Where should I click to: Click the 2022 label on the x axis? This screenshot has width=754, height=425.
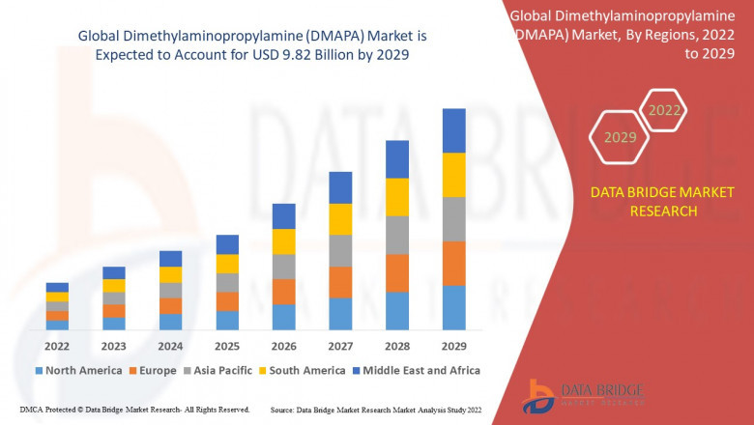tap(57, 345)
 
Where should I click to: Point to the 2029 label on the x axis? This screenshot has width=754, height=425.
tap(453, 345)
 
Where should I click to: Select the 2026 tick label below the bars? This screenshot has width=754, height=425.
tap(283, 345)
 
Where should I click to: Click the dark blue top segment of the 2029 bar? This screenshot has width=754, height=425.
tap(453, 130)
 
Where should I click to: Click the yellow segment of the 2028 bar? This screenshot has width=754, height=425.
tap(397, 197)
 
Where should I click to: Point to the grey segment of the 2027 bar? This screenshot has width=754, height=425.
tap(340, 250)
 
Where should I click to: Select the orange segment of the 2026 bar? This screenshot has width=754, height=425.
tap(283, 292)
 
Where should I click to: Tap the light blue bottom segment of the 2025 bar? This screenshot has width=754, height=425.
tap(227, 320)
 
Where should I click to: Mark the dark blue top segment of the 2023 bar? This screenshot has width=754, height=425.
tap(114, 272)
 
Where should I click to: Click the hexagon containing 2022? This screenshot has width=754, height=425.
tap(664, 111)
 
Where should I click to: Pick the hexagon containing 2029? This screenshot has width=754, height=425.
tap(620, 138)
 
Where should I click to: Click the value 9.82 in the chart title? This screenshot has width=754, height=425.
tap(313, 54)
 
